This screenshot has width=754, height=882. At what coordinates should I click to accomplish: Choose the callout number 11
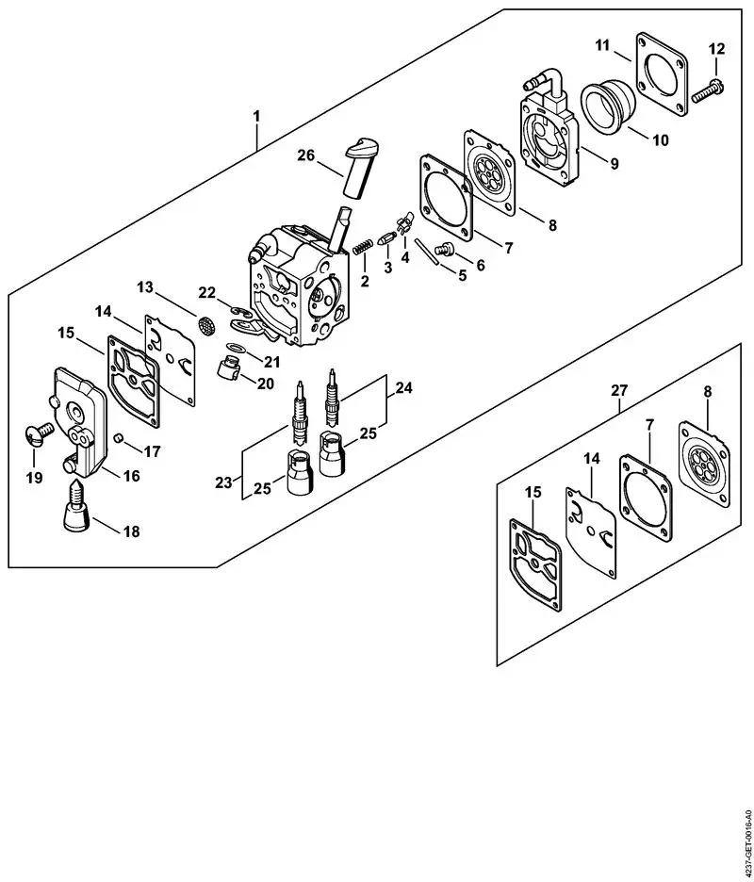[603, 44]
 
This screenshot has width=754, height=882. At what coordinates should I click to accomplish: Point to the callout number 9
[614, 164]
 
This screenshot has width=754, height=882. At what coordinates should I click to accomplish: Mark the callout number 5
[462, 276]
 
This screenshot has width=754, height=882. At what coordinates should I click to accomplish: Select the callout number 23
[223, 482]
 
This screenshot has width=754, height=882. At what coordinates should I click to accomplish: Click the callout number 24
[403, 386]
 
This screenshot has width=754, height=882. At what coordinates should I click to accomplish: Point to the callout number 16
[131, 477]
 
